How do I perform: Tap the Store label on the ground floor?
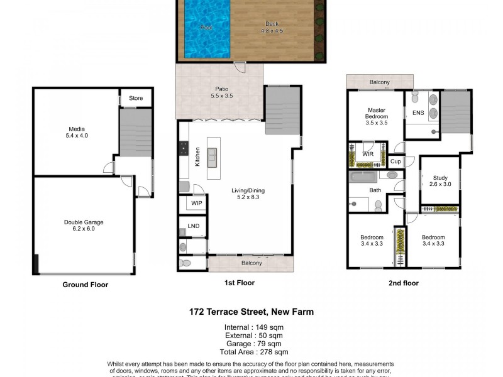pos(136,98)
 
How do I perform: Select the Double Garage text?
pos(84,226)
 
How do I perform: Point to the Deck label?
pos(272,27)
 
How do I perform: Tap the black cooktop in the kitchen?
pos(184,148)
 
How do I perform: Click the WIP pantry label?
pos(196,204)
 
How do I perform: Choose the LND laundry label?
pos(192,226)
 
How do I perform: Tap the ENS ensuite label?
pos(418,113)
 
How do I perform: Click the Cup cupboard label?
pos(395,161)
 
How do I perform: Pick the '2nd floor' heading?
pos(403,283)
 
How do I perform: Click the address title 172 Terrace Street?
pos(251,312)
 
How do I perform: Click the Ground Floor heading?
pos(85,285)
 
